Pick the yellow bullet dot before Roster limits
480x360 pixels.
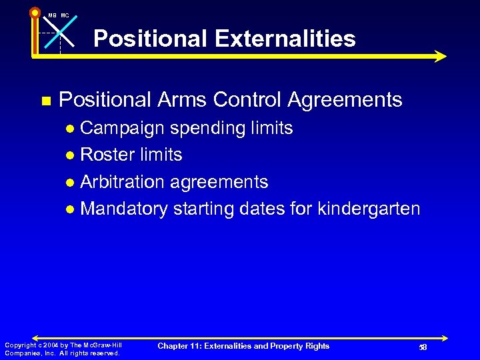click(71, 155)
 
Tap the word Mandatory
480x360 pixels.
click(124, 209)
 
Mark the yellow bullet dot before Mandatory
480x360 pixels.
click(71, 210)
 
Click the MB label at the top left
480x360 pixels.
click(51, 15)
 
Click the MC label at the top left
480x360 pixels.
click(65, 15)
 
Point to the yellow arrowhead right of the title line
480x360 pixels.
click(439, 56)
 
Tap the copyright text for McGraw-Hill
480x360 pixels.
click(63, 349)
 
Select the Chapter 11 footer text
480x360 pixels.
click(243, 345)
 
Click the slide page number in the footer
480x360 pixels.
click(423, 347)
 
